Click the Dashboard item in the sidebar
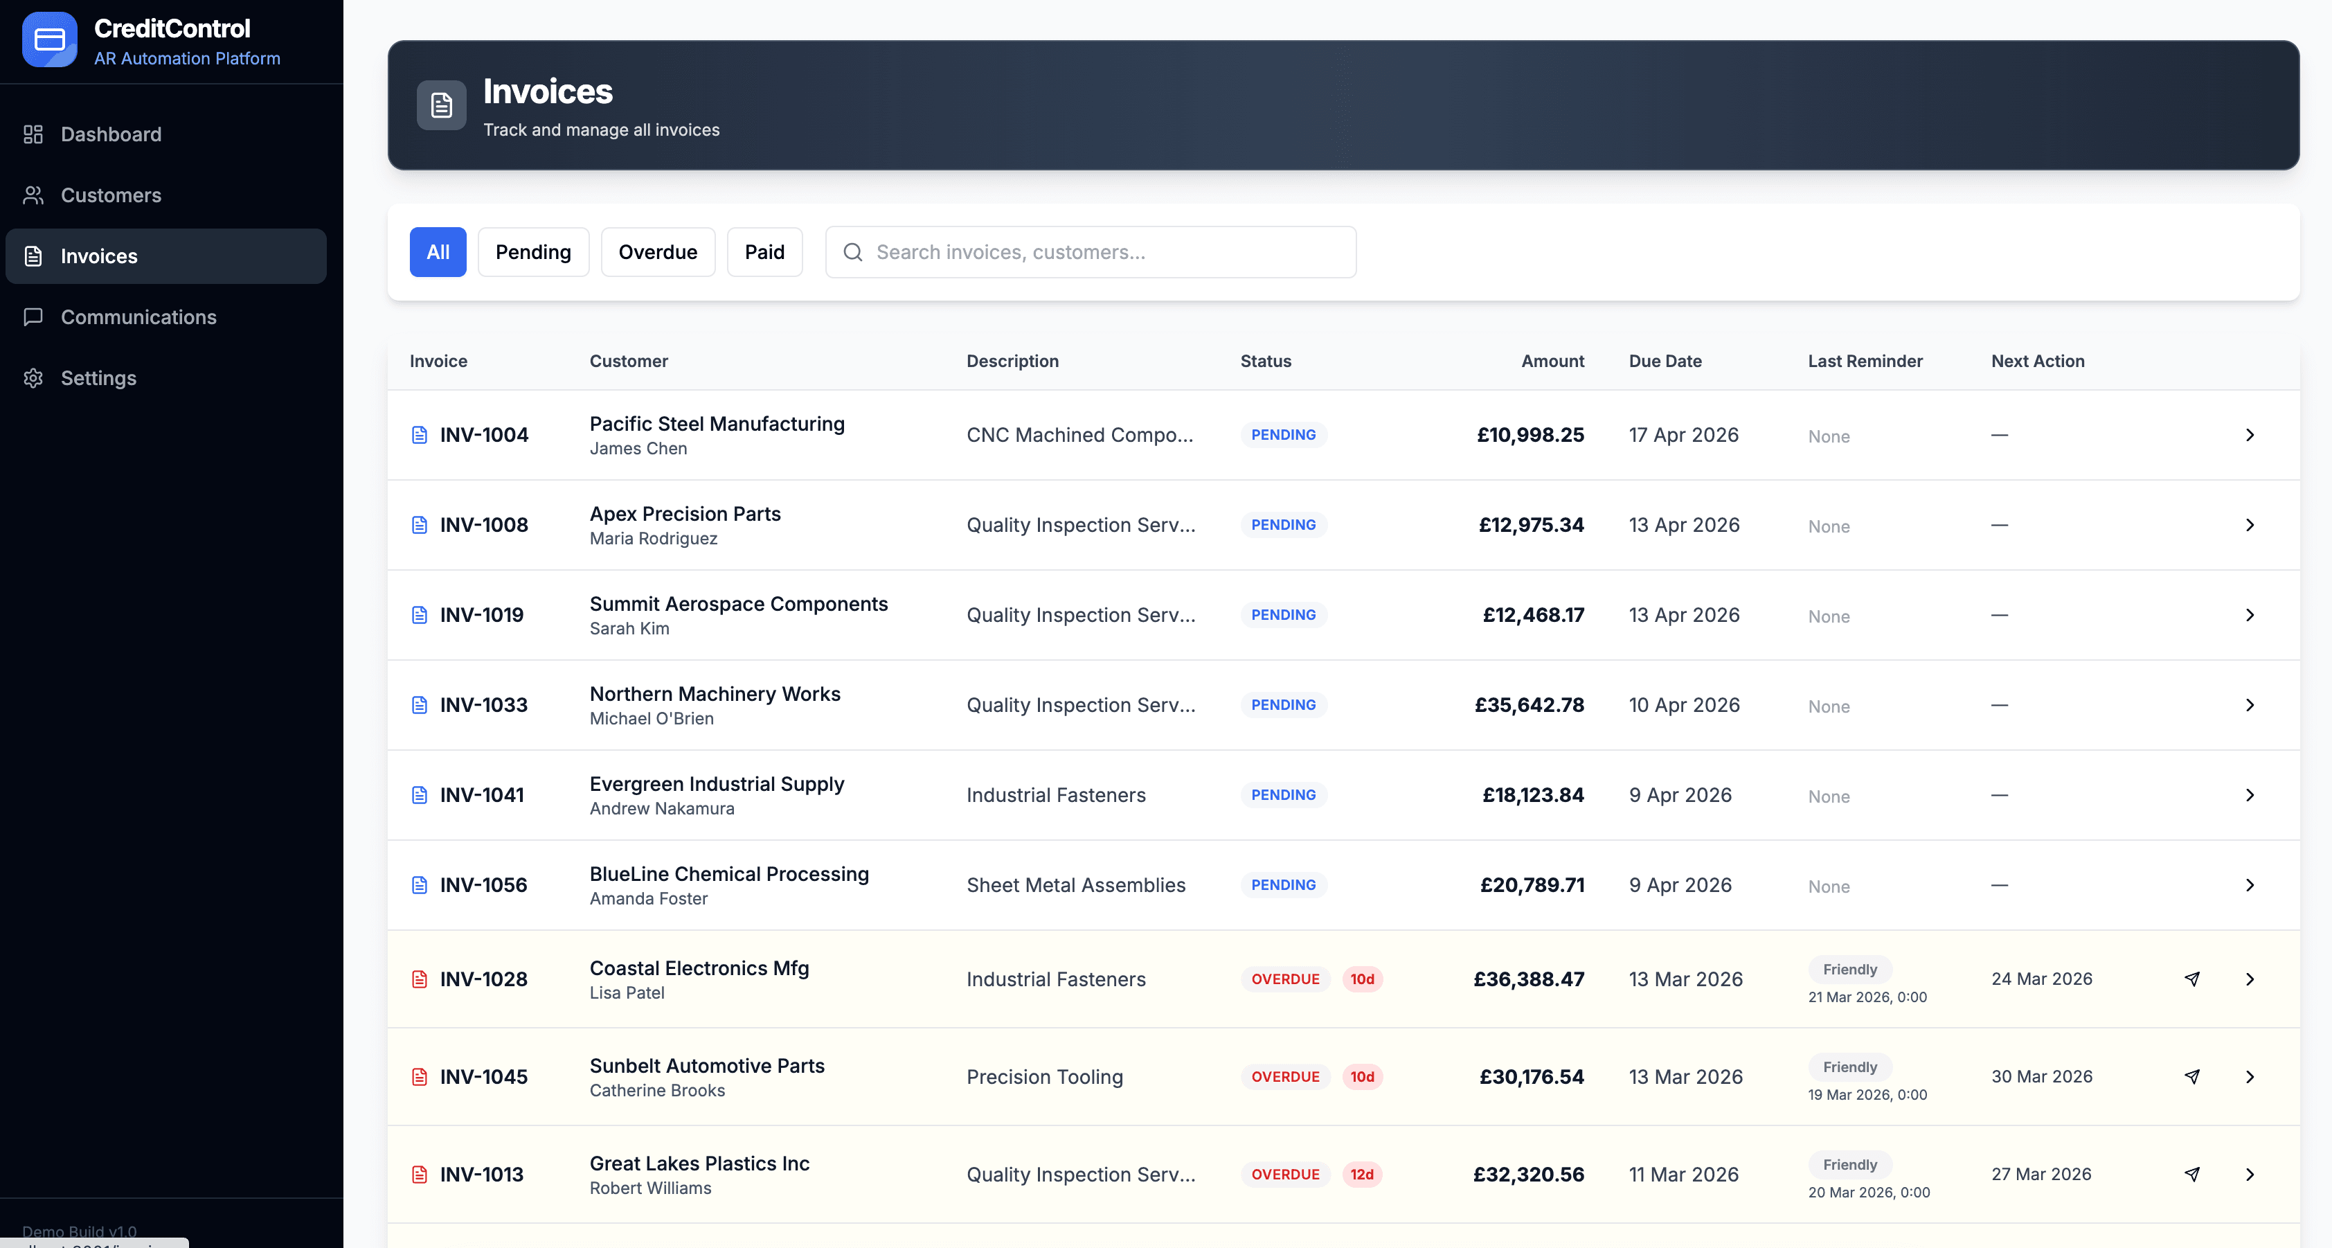[111, 134]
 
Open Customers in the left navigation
[111, 195]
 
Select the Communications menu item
[138, 317]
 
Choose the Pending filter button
[532, 252]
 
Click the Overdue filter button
[657, 252]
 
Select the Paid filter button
[764, 252]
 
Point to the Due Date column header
[1665, 360]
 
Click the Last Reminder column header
[1865, 360]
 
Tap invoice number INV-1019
[482, 615]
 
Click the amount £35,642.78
[1529, 704]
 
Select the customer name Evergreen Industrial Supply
[716, 783]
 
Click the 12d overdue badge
[1361, 1175]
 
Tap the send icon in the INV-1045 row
[2191, 1077]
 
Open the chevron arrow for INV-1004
[2250, 435]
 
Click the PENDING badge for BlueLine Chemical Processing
[1283, 885]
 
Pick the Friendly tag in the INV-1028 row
[1849, 969]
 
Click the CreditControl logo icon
[50, 40]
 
